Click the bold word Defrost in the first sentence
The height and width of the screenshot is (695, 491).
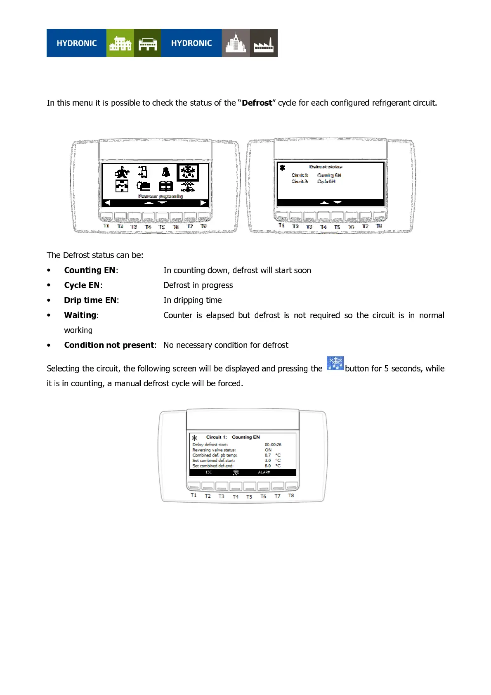[x=257, y=103]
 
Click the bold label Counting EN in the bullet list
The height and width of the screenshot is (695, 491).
[x=90, y=270]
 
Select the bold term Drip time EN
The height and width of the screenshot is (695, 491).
[x=90, y=300]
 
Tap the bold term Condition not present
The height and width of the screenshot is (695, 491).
[x=109, y=345]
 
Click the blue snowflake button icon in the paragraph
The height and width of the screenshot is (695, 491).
[x=335, y=364]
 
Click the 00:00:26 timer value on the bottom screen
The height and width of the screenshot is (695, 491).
[x=273, y=444]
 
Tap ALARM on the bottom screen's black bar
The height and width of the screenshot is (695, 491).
[x=264, y=472]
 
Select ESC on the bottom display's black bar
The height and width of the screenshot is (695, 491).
[x=209, y=472]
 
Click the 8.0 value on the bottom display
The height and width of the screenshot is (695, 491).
[x=268, y=466]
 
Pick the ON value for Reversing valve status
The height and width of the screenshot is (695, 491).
[x=268, y=450]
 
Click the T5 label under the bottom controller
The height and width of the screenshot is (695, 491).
[x=249, y=497]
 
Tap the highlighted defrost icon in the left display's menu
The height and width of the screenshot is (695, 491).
[x=188, y=172]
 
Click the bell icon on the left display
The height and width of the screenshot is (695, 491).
[x=166, y=172]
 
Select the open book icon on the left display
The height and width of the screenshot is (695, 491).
[x=166, y=186]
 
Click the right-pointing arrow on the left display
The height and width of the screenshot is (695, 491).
[x=203, y=203]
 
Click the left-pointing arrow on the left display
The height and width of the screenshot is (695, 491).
[x=107, y=203]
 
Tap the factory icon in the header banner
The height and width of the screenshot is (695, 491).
[x=264, y=43]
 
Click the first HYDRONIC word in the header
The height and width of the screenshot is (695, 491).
[x=77, y=43]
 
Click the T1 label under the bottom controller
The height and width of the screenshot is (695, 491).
[x=194, y=495]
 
